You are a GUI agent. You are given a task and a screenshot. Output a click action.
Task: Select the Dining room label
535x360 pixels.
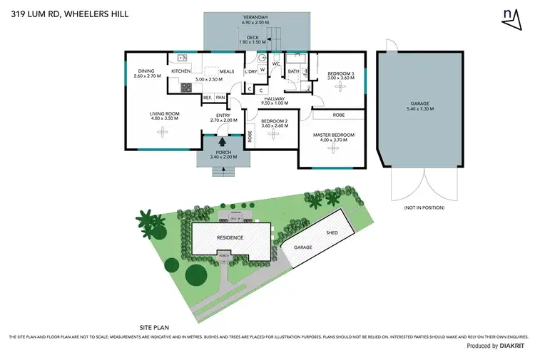point(146,71)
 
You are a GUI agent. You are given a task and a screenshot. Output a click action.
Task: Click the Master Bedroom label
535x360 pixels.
point(334,135)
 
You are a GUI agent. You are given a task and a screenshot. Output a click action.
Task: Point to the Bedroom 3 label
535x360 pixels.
point(340,73)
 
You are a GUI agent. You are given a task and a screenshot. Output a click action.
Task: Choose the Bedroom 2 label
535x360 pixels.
point(273,121)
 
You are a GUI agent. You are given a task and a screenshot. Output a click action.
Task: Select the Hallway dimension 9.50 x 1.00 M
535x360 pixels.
point(275,104)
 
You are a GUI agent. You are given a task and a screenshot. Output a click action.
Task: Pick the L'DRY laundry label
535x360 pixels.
point(250,71)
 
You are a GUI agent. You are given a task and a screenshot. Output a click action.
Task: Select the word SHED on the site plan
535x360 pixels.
point(332,233)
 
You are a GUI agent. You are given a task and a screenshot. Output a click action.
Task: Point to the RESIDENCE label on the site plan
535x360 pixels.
point(230,237)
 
